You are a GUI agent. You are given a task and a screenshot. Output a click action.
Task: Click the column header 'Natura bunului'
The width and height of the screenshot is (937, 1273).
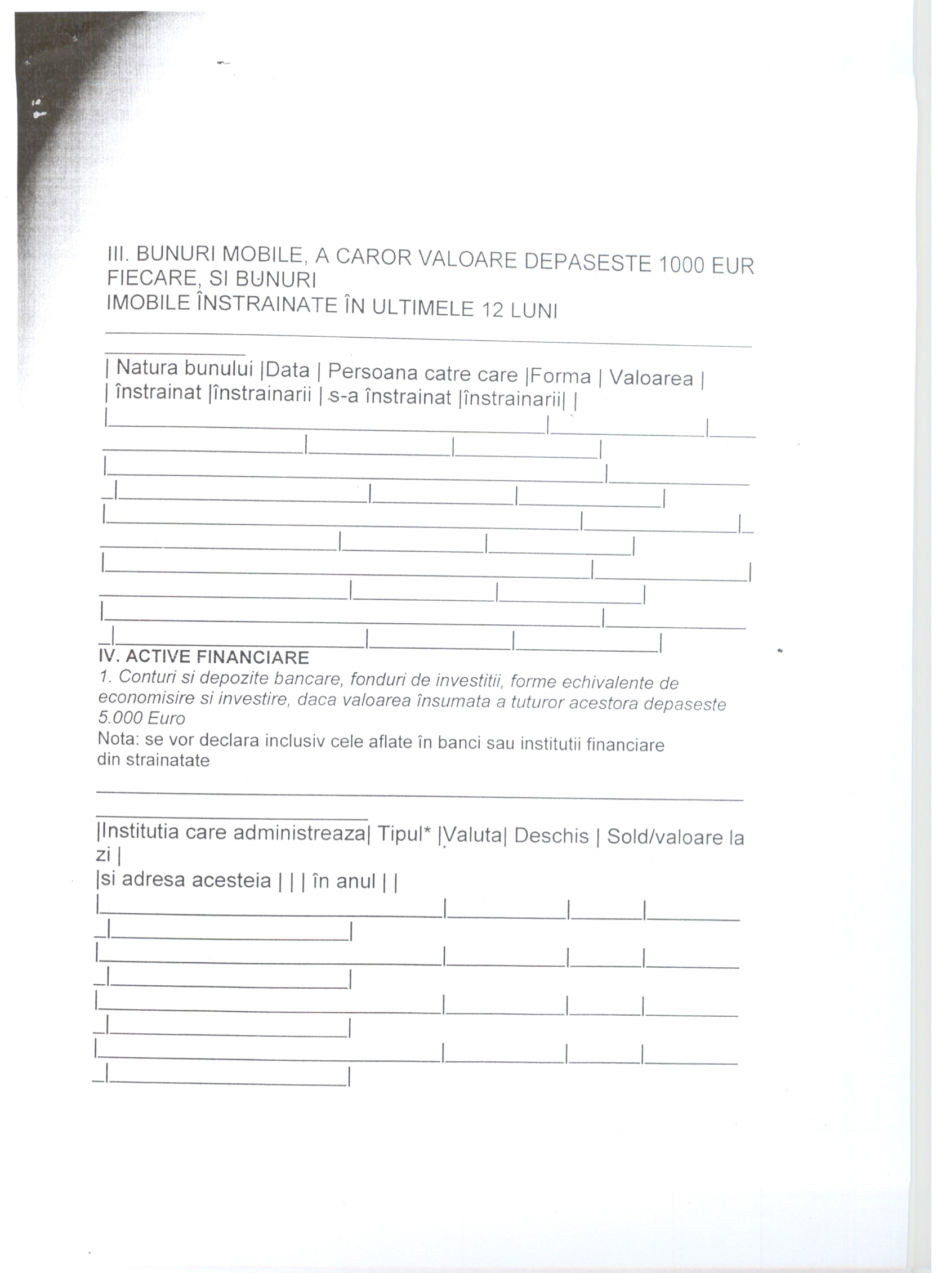184,368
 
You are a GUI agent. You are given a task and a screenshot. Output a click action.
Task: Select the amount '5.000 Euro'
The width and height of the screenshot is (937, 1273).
142,718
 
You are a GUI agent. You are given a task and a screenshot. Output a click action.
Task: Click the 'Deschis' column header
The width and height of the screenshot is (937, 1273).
551,837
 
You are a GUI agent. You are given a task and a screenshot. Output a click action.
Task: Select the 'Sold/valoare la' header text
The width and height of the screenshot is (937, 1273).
675,838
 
